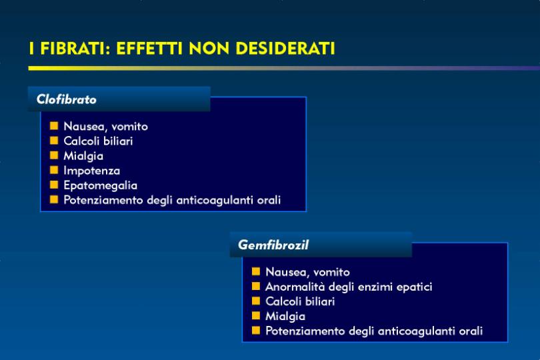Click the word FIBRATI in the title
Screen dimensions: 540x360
pos(75,48)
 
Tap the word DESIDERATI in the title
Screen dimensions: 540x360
pos(285,48)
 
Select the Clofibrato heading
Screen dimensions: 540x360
pos(67,99)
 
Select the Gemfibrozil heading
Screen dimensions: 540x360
pos(273,245)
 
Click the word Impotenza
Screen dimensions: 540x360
pos(92,171)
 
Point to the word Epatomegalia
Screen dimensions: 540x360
pos(101,186)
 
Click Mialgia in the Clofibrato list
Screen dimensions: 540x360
pos(83,156)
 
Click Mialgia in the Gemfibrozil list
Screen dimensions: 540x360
pos(285,316)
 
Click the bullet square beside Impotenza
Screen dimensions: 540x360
pos(54,170)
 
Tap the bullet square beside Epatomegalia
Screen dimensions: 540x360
pos(54,185)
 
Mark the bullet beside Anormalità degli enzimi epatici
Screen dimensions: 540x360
pos(256,286)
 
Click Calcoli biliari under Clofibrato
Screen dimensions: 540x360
pos(98,141)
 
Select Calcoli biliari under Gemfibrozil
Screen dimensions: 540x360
pos(300,301)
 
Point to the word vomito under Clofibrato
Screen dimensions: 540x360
pos(130,127)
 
